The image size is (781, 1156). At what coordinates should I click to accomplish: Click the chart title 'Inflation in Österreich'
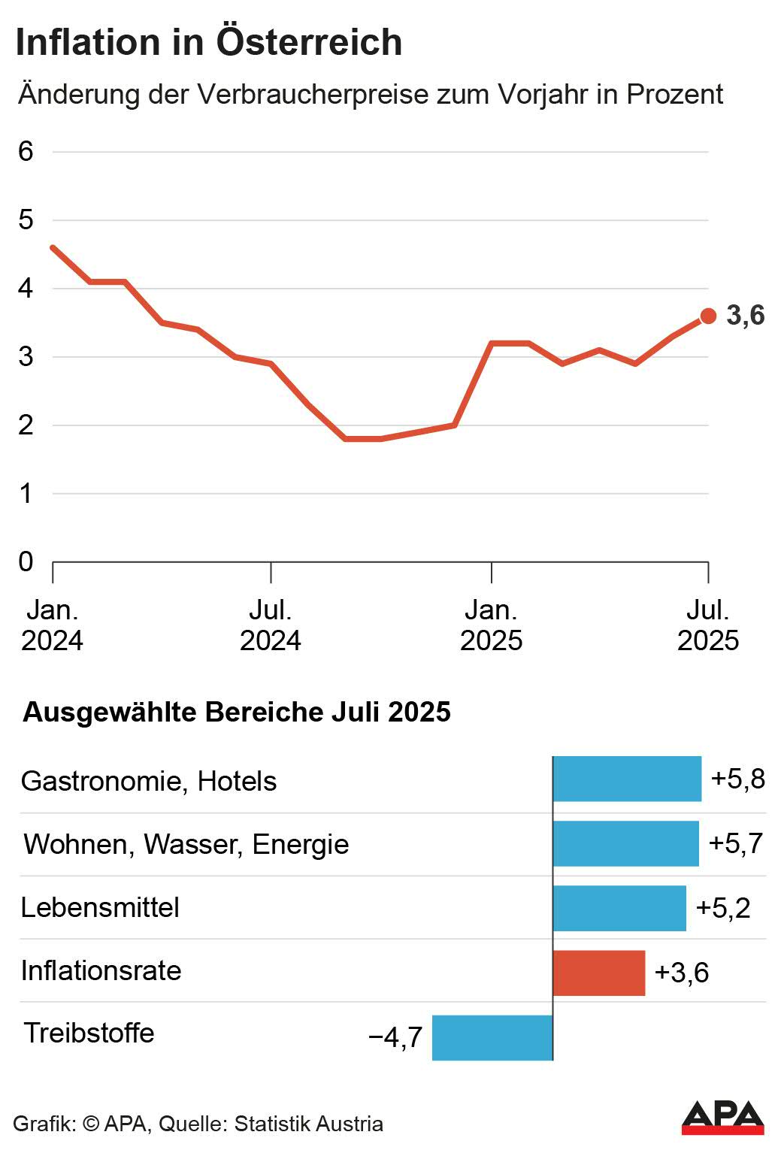tap(209, 42)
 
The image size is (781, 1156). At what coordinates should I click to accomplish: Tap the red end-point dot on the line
tap(708, 316)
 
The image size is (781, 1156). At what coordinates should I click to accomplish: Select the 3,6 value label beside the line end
tap(745, 316)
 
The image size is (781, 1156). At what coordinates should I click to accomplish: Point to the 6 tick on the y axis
tap(26, 152)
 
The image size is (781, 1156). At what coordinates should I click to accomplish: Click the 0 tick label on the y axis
tap(26, 561)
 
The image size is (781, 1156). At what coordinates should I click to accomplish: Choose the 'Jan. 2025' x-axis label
tap(491, 625)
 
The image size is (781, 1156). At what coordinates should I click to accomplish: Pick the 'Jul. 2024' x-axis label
tap(271, 625)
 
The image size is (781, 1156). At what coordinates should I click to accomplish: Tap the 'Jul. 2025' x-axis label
tap(708, 625)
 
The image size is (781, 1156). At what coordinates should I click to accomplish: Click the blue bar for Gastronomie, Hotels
tap(627, 779)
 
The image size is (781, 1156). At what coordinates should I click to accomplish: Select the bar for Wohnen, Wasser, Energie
tap(625, 843)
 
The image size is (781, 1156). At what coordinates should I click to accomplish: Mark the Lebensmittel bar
tap(619, 908)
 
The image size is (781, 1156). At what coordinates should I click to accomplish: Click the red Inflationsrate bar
tap(599, 973)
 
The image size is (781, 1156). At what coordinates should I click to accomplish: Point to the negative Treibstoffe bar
tap(492, 1037)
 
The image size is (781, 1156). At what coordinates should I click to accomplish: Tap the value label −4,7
tap(395, 1038)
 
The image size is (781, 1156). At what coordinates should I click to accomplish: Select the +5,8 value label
tap(737, 779)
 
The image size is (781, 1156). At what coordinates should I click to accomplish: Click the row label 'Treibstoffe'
tap(89, 1033)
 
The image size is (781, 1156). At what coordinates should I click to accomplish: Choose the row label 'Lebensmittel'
tap(100, 908)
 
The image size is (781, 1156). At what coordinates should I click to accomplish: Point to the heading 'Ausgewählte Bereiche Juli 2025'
tap(237, 712)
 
